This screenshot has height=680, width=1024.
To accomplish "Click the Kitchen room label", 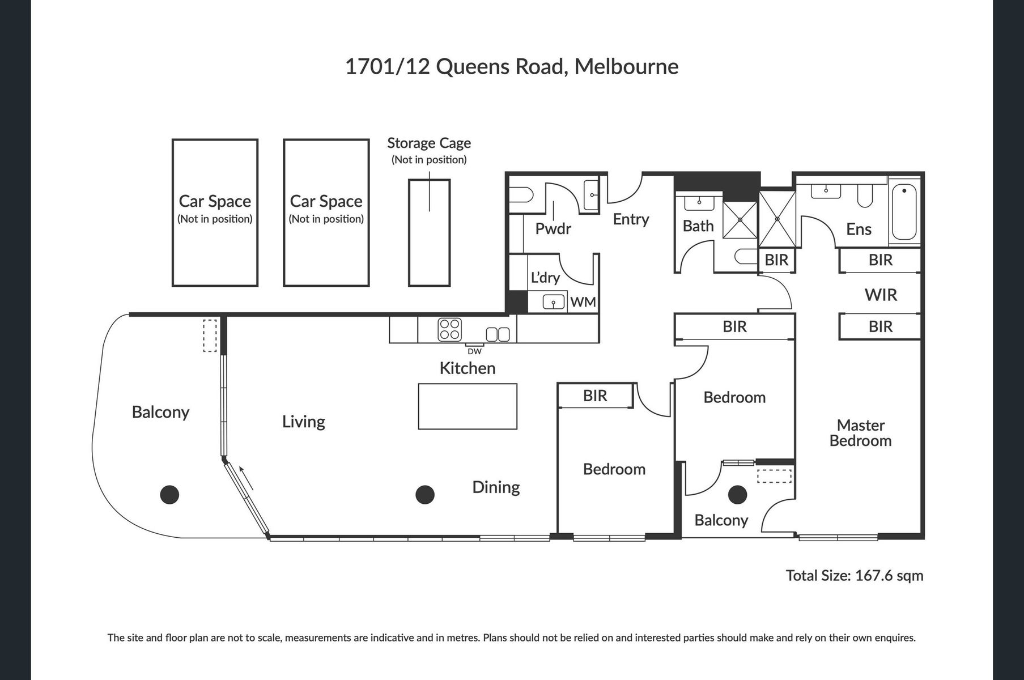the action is pos(468,368).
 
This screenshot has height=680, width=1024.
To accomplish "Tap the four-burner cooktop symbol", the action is pos(450,329).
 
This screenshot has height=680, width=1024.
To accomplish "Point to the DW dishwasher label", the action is pos(475,351).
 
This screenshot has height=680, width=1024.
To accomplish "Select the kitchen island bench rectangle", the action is pos(468,406).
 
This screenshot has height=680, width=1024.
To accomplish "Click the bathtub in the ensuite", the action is pos(904,212).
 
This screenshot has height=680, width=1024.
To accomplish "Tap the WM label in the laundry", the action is pos(583,302).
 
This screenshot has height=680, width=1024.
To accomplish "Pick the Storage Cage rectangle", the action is pos(430,232).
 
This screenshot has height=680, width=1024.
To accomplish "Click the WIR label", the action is pos(881,295).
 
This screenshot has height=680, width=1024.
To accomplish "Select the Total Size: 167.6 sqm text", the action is pos(855,576).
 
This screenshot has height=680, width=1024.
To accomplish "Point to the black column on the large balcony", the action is pos(169,495).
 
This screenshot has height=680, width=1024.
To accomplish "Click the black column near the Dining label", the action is pos(425,495).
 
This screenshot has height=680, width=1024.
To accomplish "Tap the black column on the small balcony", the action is pos(737,495).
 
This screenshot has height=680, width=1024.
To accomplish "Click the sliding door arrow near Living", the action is pos(247,478).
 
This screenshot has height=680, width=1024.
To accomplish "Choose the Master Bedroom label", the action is pos(860,433).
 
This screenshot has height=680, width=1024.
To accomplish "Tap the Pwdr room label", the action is pos(553,229).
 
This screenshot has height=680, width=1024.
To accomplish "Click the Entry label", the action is pos(631,219).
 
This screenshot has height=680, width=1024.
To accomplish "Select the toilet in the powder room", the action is pos(521,195).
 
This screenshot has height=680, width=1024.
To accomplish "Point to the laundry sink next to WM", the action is pos(554,303).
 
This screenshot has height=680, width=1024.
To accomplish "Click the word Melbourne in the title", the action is pos(626,66).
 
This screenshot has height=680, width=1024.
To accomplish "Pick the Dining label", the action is pos(496,487).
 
